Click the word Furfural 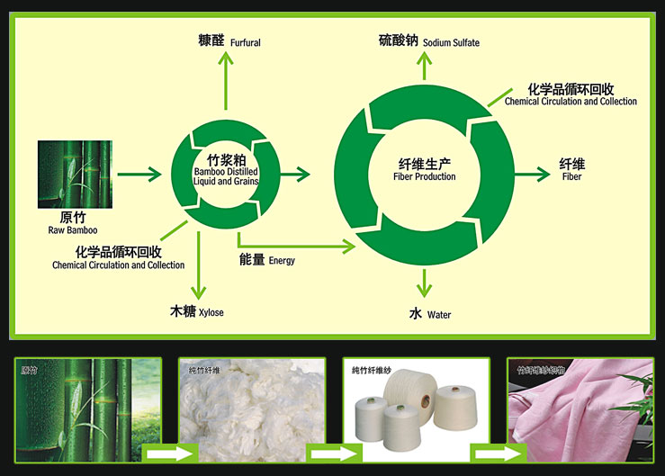tap(245, 42)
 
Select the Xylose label tap(210, 312)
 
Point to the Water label tap(438, 315)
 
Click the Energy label tap(282, 261)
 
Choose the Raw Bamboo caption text tap(74, 230)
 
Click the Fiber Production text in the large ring tap(425, 176)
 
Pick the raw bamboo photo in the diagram tap(75, 173)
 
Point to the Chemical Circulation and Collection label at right tap(571, 102)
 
